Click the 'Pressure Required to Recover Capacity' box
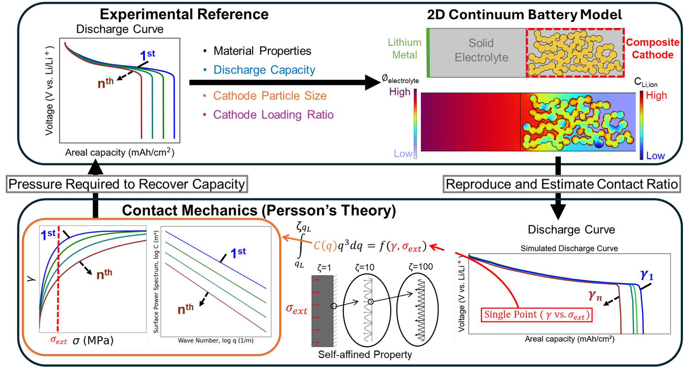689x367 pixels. pyautogui.click(x=126, y=184)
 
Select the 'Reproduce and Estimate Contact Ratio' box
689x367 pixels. pyautogui.click(x=562, y=184)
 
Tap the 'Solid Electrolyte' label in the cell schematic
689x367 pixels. pyautogui.click(x=481, y=50)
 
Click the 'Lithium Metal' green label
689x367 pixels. pyautogui.click(x=404, y=48)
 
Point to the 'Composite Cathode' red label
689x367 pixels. pyautogui.click(x=653, y=48)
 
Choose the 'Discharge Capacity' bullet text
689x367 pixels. pyautogui.click(x=264, y=70)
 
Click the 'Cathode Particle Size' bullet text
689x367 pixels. pyautogui.click(x=269, y=96)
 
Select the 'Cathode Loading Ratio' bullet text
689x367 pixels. pyautogui.click(x=273, y=115)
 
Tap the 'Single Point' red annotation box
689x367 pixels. pyautogui.click(x=536, y=315)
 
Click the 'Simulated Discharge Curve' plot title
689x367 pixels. pyautogui.click(x=569, y=248)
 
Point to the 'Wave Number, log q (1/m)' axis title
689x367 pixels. pyautogui.click(x=216, y=340)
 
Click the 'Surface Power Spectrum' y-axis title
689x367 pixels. pyautogui.click(x=156, y=282)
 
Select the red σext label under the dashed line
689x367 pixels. pyautogui.click(x=58, y=340)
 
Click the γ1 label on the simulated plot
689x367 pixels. pyautogui.click(x=647, y=275)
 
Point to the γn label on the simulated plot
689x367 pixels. pyautogui.click(x=595, y=296)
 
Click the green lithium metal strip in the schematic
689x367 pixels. pyautogui.click(x=428, y=53)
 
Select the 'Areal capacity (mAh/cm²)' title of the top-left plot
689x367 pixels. pyautogui.click(x=119, y=153)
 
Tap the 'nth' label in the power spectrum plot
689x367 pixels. pyautogui.click(x=186, y=309)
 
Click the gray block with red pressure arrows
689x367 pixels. pyautogui.click(x=322, y=311)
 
